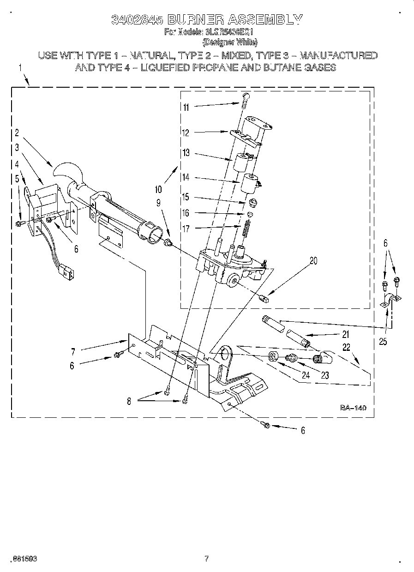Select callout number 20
(x=313, y=260)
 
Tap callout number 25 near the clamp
(x=382, y=342)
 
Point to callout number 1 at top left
(x=20, y=67)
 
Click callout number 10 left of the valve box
(x=159, y=189)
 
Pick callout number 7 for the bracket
(x=73, y=352)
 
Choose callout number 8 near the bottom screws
(x=129, y=402)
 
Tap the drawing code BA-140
(x=353, y=408)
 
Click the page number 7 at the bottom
(x=207, y=559)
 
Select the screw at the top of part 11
(x=245, y=96)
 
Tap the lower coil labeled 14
(x=250, y=182)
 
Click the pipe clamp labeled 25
(x=389, y=302)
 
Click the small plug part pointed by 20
(x=264, y=298)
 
